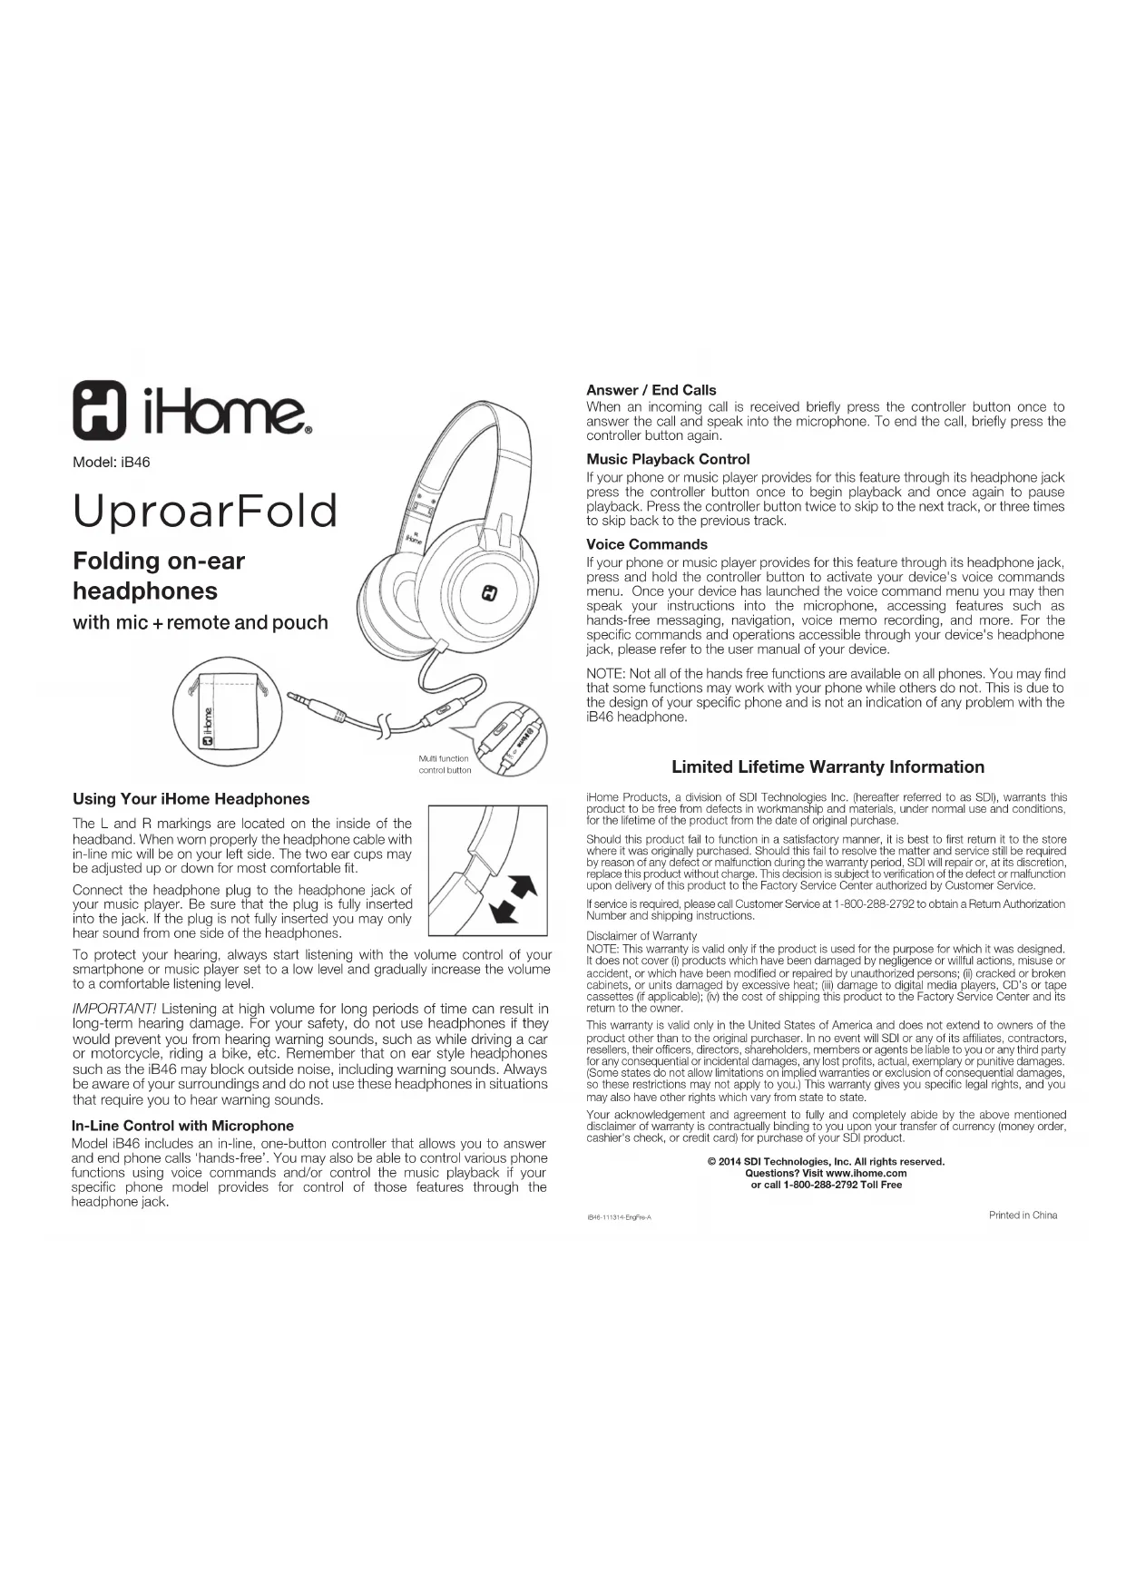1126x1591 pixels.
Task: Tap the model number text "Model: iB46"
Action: [111, 463]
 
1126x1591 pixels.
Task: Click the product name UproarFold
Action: [205, 511]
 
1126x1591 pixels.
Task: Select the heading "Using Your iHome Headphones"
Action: [191, 799]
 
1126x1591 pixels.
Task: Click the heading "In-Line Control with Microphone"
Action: [182, 1126]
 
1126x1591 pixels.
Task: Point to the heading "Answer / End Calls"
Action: [651, 390]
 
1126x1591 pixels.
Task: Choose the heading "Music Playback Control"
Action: [668, 459]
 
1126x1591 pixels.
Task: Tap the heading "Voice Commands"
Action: [646, 544]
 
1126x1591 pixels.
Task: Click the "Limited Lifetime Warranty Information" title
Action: [827, 767]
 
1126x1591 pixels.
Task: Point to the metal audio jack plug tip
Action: [299, 698]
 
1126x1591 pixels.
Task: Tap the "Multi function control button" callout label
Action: [445, 765]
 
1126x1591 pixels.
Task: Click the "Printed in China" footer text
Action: [1023, 1215]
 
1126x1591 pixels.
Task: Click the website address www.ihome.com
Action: [867, 1173]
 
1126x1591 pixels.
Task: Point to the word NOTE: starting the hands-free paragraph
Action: [605, 674]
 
